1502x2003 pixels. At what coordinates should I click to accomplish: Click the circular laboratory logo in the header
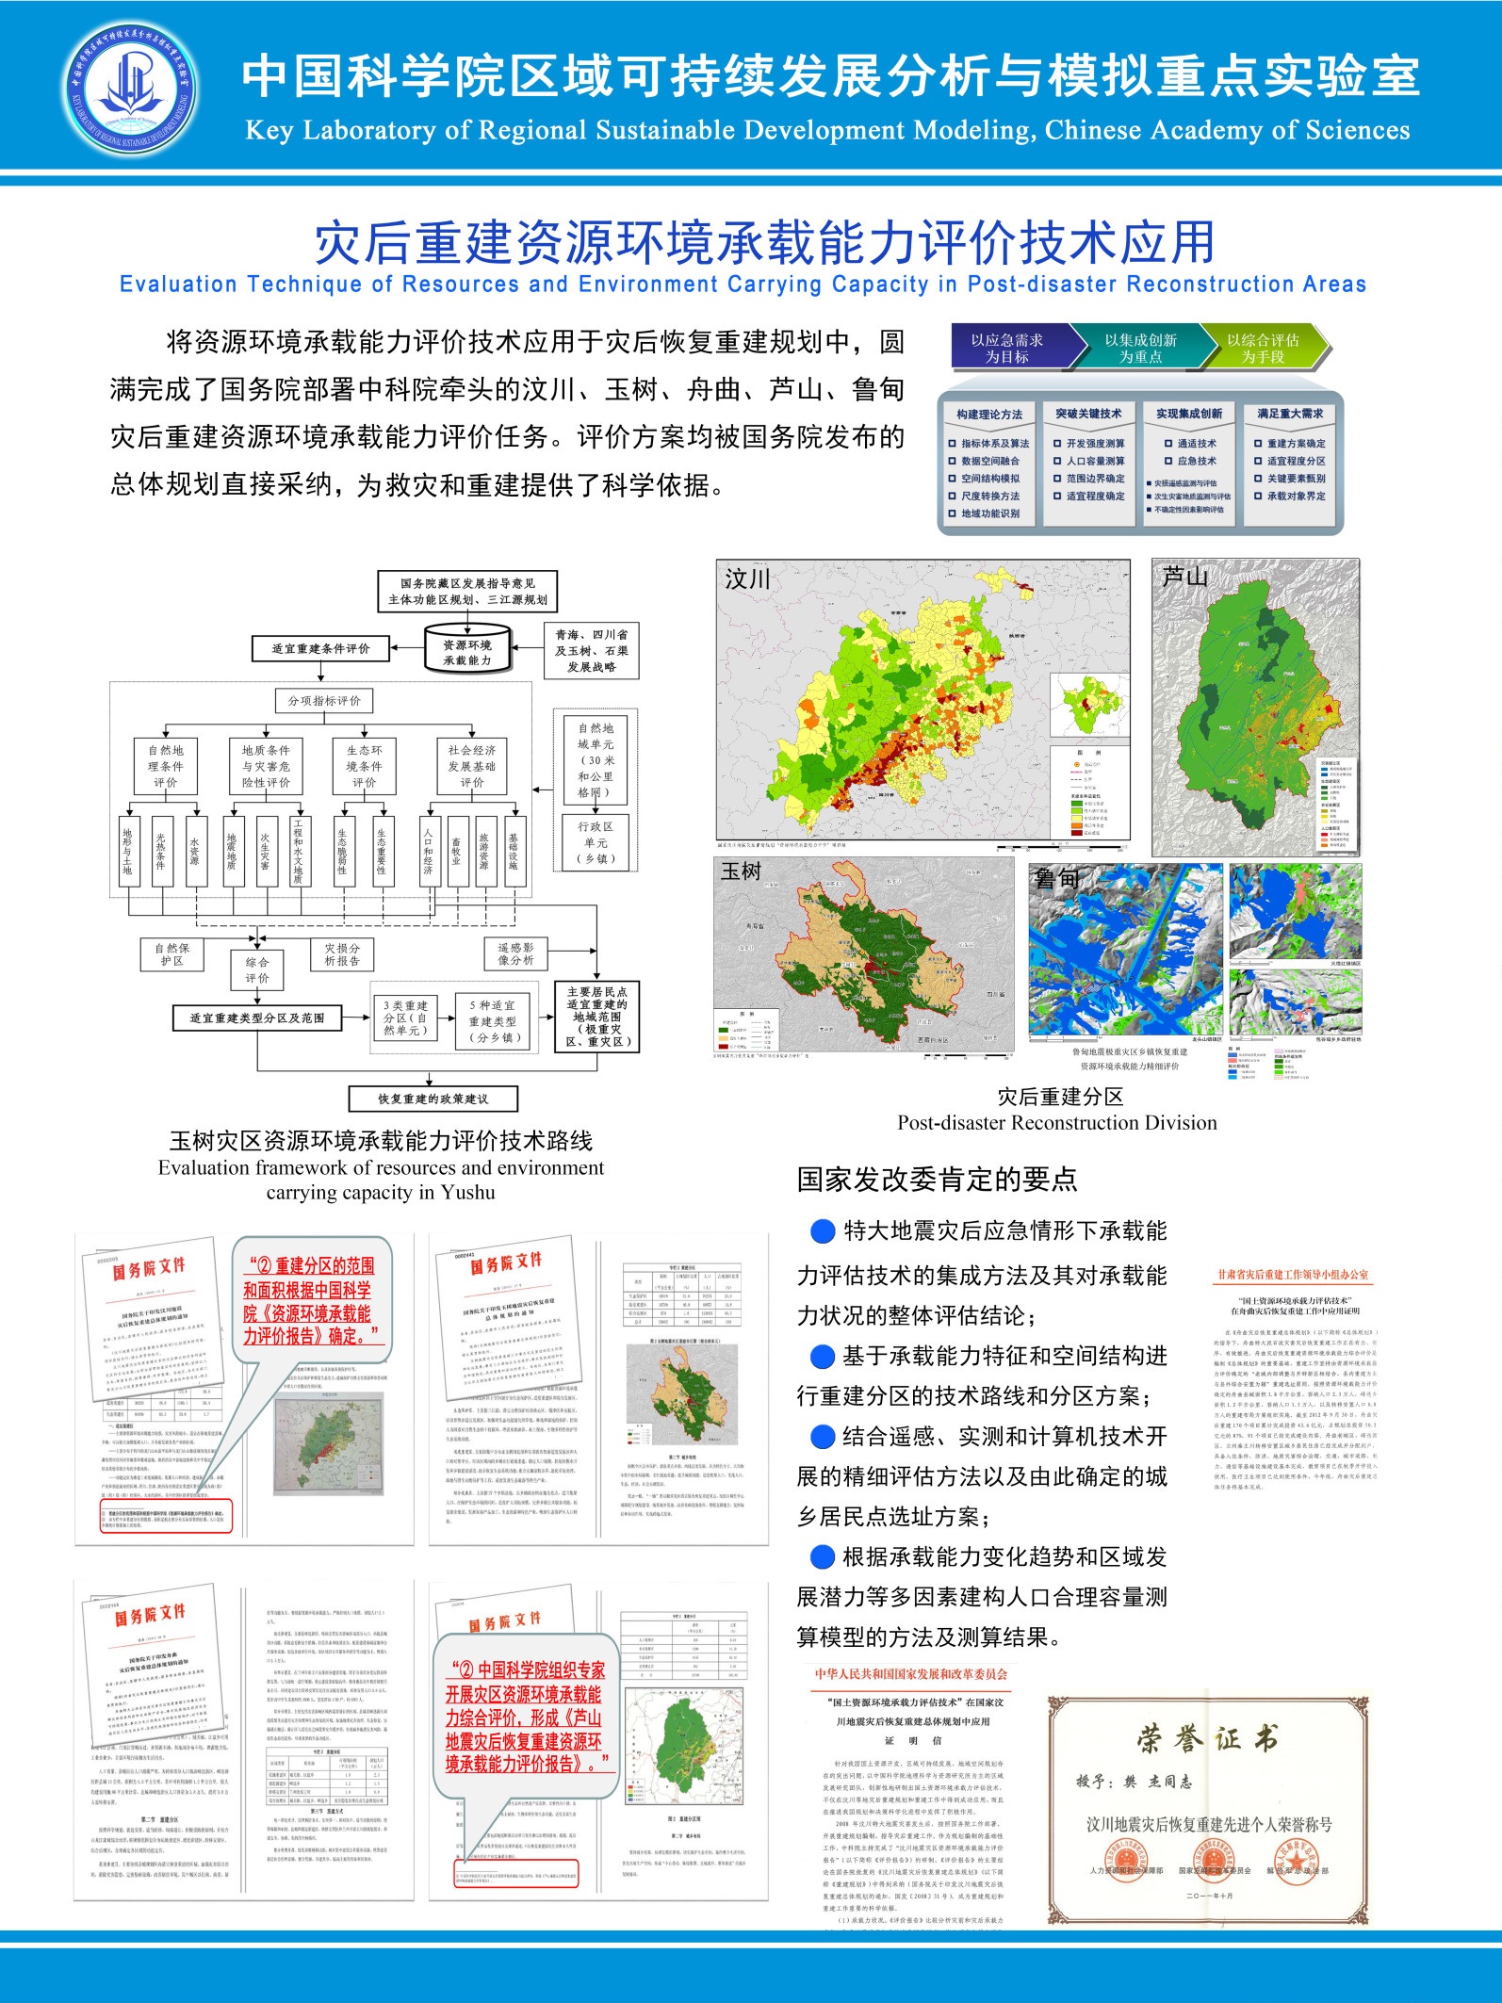[131, 90]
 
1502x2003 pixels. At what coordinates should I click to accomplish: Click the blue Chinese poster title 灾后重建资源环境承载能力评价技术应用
[764, 242]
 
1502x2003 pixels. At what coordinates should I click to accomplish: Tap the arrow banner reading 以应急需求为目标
[1009, 348]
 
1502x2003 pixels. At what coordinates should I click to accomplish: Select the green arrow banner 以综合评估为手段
[1263, 348]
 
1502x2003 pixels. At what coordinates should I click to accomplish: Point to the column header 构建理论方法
[988, 415]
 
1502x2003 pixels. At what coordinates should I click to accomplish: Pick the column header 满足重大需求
[1289, 414]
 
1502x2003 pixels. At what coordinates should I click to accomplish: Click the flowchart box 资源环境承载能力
[467, 652]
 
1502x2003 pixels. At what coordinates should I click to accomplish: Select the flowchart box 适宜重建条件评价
[321, 648]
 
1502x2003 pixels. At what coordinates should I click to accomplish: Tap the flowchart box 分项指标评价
[324, 701]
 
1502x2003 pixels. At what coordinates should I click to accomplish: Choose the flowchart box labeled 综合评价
[257, 969]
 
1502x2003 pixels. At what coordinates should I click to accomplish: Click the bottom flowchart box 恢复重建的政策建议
[433, 1099]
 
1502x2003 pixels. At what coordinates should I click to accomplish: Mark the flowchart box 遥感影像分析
[515, 953]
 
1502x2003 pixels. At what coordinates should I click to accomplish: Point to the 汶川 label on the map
[748, 578]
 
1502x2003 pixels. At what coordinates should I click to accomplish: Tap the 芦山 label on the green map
[1184, 577]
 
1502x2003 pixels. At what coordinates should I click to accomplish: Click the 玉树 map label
[741, 871]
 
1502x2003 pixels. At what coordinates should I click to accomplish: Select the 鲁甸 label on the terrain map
[1056, 879]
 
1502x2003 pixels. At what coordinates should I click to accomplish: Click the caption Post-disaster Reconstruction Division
[1056, 1122]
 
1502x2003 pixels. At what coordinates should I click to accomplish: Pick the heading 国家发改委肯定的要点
[937, 1179]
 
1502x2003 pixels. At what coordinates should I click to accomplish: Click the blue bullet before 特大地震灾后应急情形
[823, 1230]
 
